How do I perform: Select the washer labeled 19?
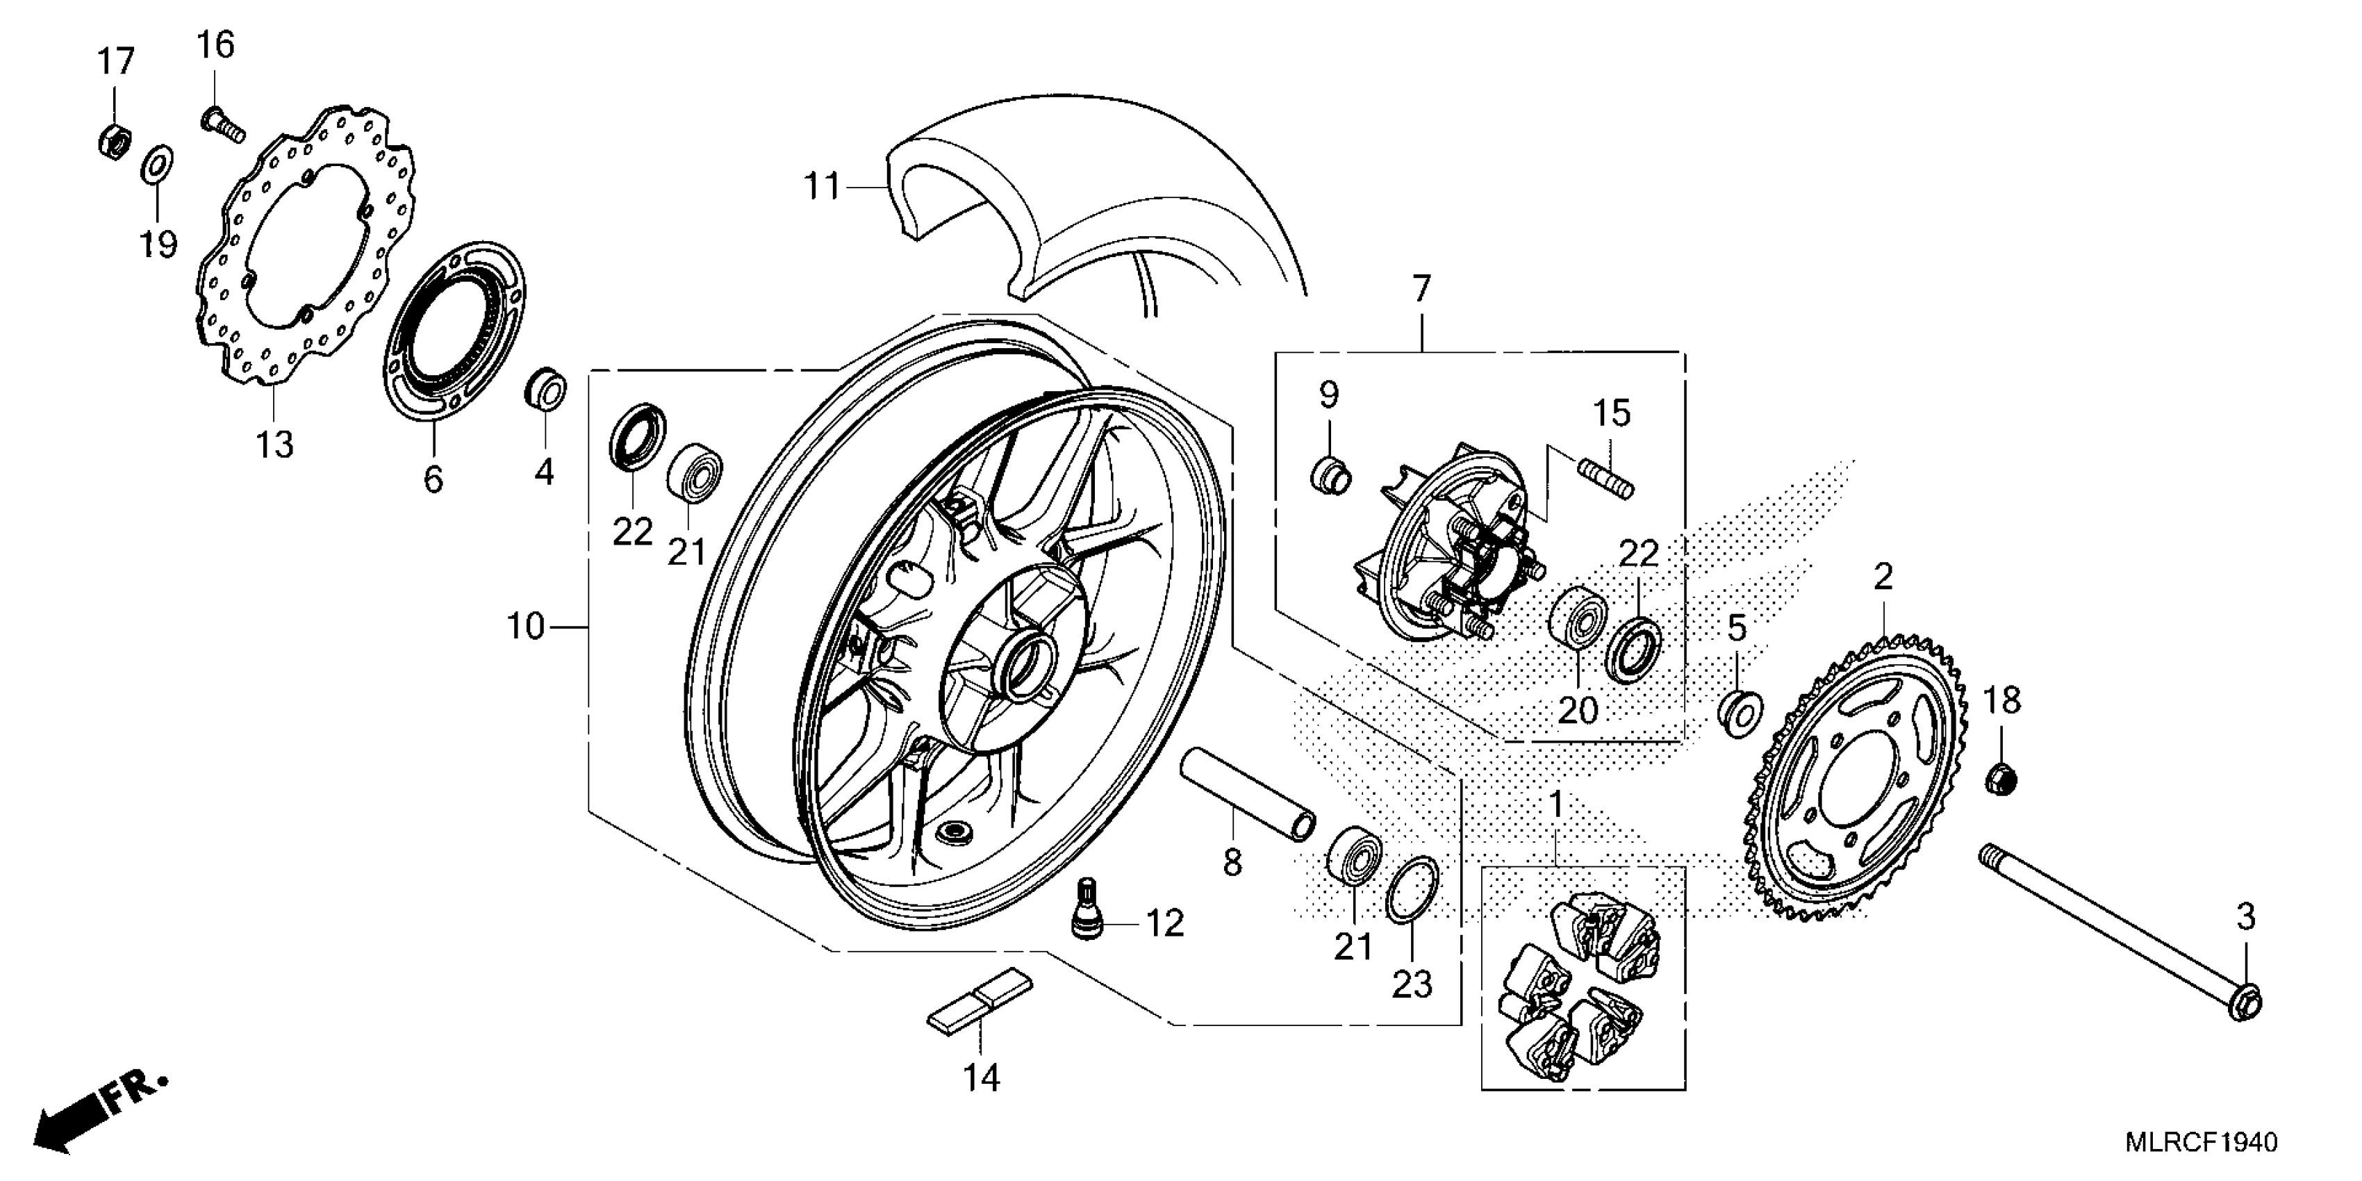pos(157,166)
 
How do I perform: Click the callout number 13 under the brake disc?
pos(274,445)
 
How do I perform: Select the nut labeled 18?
pos(2001,779)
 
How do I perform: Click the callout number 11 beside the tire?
pos(822,187)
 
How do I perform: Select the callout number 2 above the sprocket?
pos(1883,577)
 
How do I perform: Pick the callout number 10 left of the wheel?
pos(527,627)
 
